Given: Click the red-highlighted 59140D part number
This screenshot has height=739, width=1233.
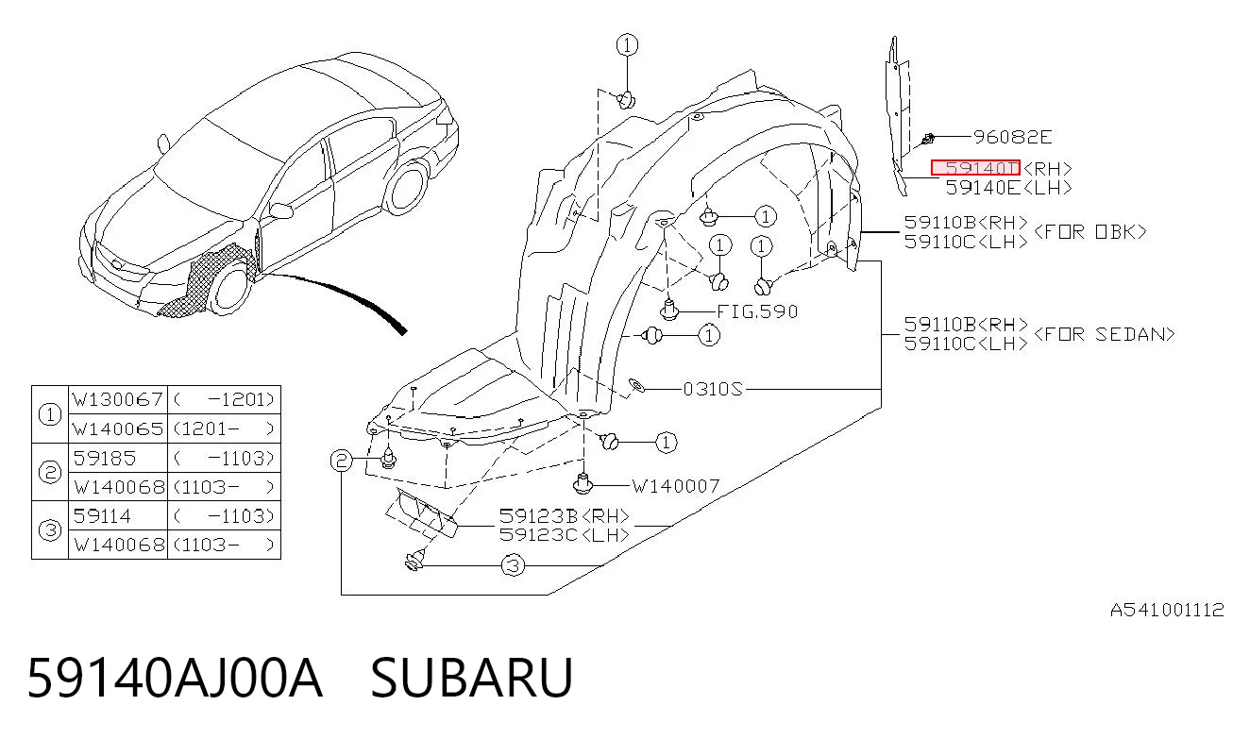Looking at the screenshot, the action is (x=975, y=168).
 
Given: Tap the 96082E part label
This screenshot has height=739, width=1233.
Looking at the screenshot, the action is (x=1012, y=137).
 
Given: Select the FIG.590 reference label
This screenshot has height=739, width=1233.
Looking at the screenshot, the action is (x=757, y=312).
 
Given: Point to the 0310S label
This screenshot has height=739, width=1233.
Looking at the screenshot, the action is (x=713, y=389).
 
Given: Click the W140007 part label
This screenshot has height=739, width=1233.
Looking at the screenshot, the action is (x=675, y=486).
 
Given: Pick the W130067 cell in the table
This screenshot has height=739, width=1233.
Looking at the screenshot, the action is (x=118, y=399).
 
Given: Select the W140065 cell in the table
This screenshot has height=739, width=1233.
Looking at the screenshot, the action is (x=118, y=428).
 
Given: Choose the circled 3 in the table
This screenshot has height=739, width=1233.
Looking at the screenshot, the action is (x=50, y=529).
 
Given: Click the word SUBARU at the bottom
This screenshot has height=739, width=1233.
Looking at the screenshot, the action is (x=472, y=678).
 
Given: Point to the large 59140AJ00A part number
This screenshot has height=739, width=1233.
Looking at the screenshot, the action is (x=175, y=678).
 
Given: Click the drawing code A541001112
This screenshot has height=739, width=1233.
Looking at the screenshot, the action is (x=1167, y=610).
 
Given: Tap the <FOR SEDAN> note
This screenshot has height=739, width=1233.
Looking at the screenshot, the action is (x=1105, y=334).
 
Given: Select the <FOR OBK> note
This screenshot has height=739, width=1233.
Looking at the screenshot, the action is (x=1089, y=231).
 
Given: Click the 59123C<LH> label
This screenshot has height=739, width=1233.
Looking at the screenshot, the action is (x=565, y=534).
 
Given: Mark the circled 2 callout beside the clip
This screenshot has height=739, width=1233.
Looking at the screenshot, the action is (x=341, y=460).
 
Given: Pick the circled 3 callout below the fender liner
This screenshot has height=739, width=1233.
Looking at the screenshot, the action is (x=513, y=565).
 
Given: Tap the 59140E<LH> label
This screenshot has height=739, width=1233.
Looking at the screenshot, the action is (x=1009, y=188).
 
